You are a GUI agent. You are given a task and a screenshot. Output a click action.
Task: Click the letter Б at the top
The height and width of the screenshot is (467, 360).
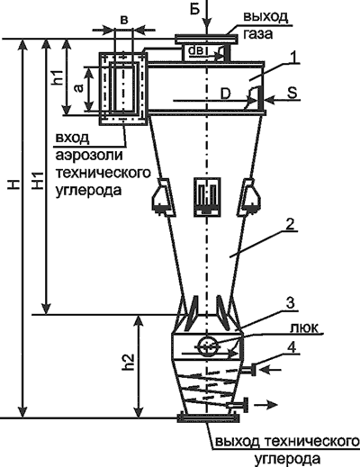point(195,9)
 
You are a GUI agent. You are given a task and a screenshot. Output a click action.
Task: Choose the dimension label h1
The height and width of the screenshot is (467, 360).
point(56,76)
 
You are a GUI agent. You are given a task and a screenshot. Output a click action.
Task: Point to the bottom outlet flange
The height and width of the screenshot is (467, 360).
point(208,416)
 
